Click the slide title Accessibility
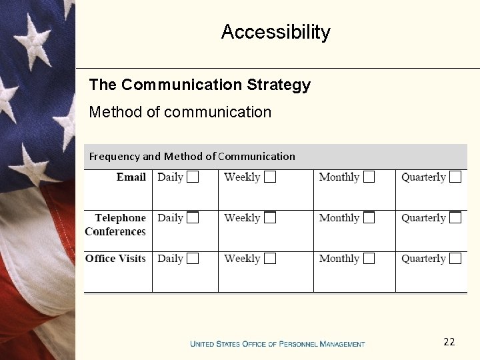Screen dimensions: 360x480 [275, 32]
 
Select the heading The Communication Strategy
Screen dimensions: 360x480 [199, 85]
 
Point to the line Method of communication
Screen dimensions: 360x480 [180, 112]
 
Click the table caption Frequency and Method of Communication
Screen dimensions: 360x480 [192, 157]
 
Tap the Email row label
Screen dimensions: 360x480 [131, 177]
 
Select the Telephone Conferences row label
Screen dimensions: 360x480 [116, 225]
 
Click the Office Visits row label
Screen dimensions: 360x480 [115, 259]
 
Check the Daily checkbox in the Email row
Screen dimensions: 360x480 [193, 177]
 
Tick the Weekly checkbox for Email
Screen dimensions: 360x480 [270, 177]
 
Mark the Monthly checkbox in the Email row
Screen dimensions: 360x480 [369, 177]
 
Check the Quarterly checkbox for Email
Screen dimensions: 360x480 [455, 177]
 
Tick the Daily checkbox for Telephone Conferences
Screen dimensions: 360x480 [193, 217]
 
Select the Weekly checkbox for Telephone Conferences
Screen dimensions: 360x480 [270, 217]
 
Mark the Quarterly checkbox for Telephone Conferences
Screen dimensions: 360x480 [455, 217]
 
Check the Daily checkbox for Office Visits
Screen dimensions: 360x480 [193, 259]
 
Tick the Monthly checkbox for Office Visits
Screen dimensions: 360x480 [369, 259]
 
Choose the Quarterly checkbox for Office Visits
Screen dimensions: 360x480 [455, 259]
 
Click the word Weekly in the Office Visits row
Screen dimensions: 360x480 [242, 259]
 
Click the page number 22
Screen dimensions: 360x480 [449, 342]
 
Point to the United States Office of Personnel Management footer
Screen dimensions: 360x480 [277, 344]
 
